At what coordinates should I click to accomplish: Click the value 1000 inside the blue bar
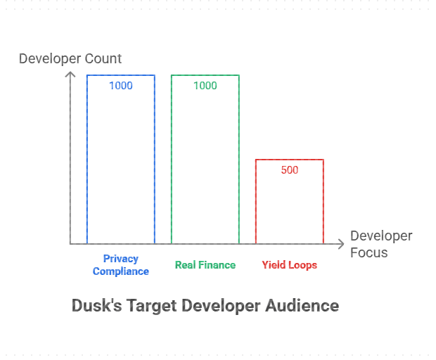[121, 86]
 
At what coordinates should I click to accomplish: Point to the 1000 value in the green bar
[205, 86]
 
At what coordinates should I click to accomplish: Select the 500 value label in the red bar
[290, 170]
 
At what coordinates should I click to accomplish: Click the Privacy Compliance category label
[121, 265]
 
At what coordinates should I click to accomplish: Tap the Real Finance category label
[205, 265]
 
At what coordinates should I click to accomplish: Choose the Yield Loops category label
[290, 265]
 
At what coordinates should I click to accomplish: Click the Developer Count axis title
[70, 58]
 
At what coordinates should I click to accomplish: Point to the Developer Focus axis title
[381, 244]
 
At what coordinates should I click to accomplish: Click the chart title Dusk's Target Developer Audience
[205, 307]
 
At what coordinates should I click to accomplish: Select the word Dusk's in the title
[96, 307]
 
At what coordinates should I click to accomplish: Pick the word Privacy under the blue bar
[121, 259]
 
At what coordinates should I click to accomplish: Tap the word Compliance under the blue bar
[121, 271]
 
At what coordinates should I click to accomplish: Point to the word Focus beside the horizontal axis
[369, 252]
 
